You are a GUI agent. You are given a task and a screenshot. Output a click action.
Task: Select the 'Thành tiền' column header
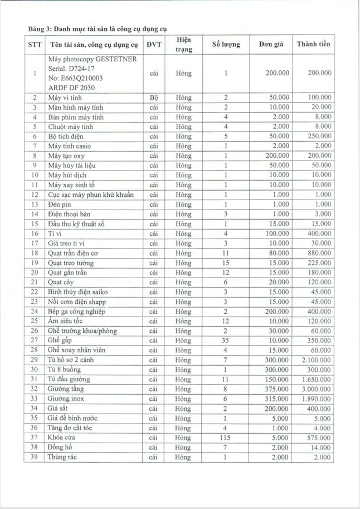tap(314, 45)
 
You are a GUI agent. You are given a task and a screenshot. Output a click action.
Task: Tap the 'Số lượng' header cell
tap(226, 45)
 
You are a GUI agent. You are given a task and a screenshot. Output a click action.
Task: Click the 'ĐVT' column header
tap(154, 45)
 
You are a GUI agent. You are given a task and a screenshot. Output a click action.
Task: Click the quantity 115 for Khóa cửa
tap(226, 437)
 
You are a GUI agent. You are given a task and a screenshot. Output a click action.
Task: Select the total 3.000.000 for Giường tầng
tap(317, 389)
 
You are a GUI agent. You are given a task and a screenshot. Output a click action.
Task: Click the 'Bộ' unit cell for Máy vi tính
tap(154, 98)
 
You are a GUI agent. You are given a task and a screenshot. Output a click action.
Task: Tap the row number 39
tap(35, 457)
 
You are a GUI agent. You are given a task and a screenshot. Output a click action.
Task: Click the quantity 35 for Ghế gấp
tap(226, 340)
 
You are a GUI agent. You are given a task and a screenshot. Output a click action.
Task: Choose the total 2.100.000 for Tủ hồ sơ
tap(317, 360)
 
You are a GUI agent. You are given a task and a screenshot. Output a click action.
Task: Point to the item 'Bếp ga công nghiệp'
tap(77, 311)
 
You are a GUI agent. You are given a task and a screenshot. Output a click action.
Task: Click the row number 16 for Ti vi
tap(35, 234)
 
